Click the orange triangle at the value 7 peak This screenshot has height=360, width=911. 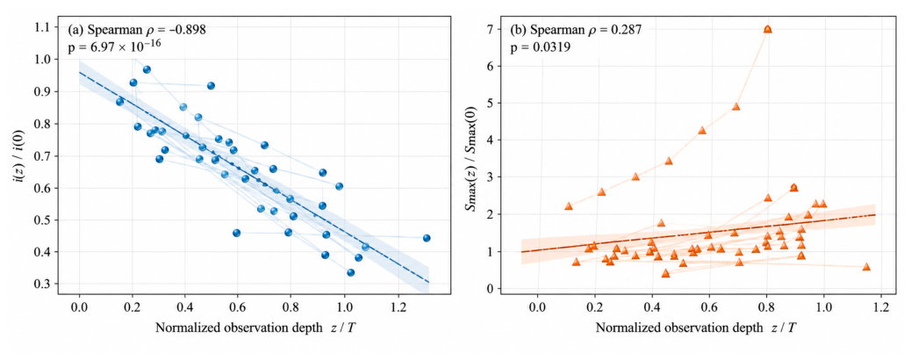click(767, 28)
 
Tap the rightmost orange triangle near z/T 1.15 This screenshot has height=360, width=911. click(866, 266)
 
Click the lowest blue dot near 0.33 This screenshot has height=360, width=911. click(350, 272)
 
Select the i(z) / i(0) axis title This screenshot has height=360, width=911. click(21, 156)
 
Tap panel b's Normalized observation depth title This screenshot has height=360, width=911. click(695, 328)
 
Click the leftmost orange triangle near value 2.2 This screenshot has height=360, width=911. click(568, 205)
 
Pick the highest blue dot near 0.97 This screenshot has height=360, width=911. click(147, 69)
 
